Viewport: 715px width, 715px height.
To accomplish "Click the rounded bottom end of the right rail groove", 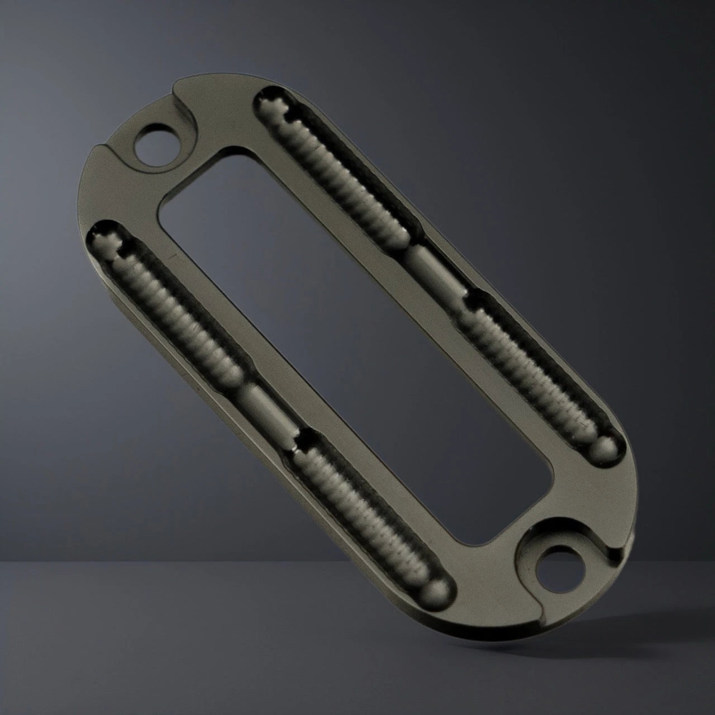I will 604,445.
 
